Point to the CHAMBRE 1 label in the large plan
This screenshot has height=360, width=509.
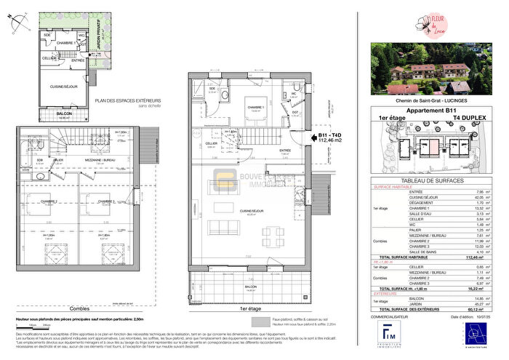point(254,107)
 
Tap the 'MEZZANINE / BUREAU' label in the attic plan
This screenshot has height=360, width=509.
point(95,159)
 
